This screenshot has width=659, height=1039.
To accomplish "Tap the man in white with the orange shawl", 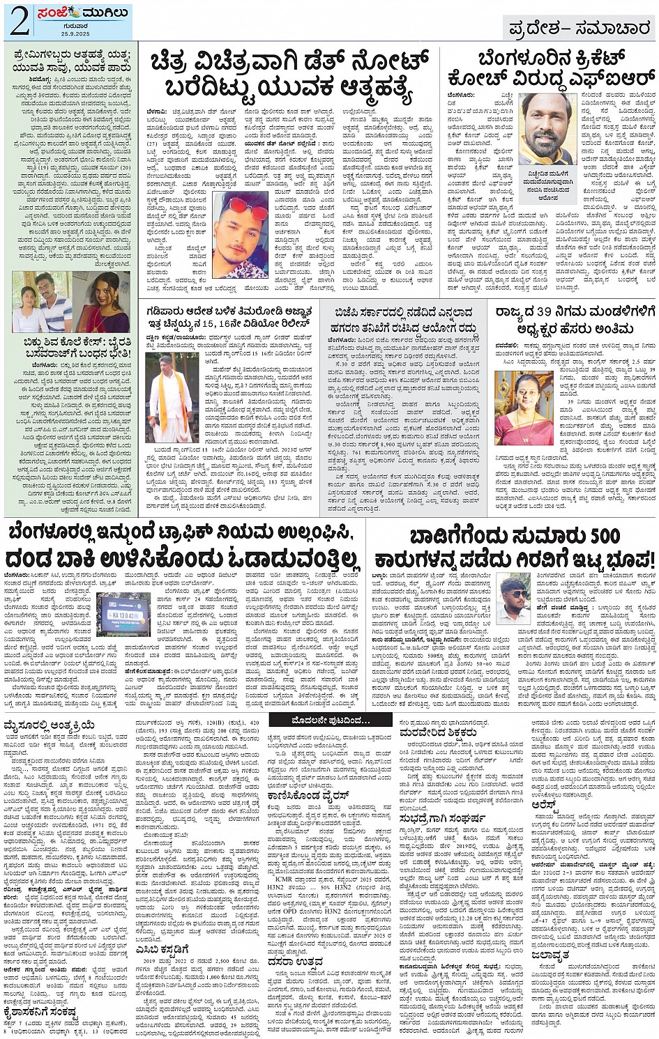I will pyautogui.click(x=169, y=396).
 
